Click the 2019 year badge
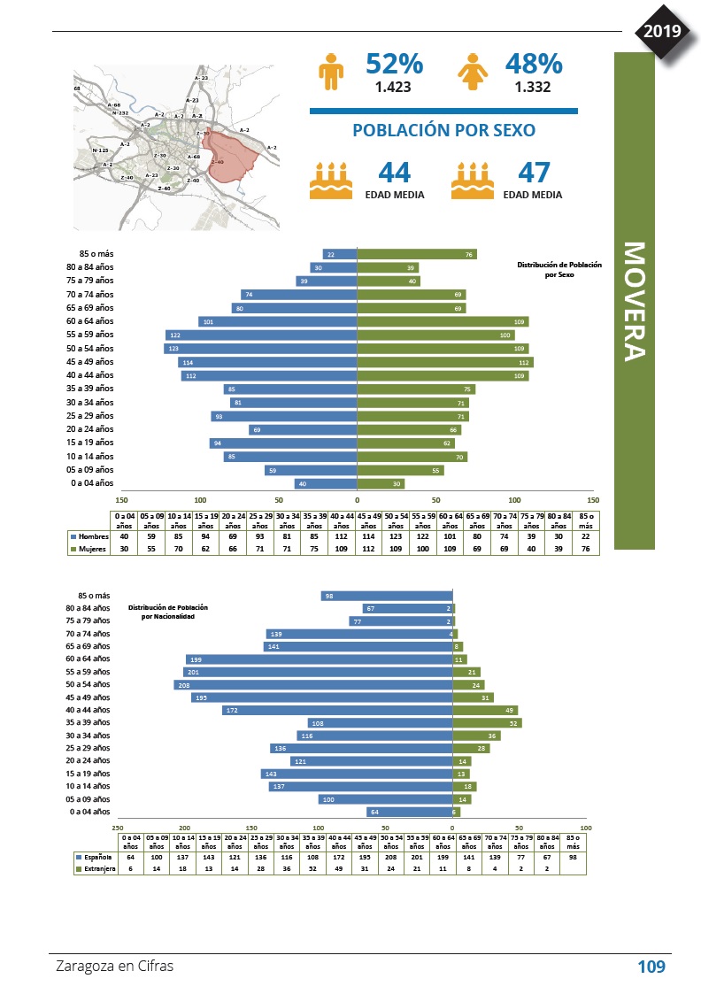pos(662,32)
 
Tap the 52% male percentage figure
pos(394,65)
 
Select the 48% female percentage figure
pos(534,65)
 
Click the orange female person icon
pos(470,71)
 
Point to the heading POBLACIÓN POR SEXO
pos(443,130)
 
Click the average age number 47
pos(535,172)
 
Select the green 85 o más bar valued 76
pos(416,254)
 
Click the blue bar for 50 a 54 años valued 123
pos(260,349)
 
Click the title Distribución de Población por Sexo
pos(558,269)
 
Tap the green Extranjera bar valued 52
pos(486,723)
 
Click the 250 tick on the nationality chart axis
pos(118,827)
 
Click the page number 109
pos(651,967)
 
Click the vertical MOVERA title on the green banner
pos(634,301)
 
